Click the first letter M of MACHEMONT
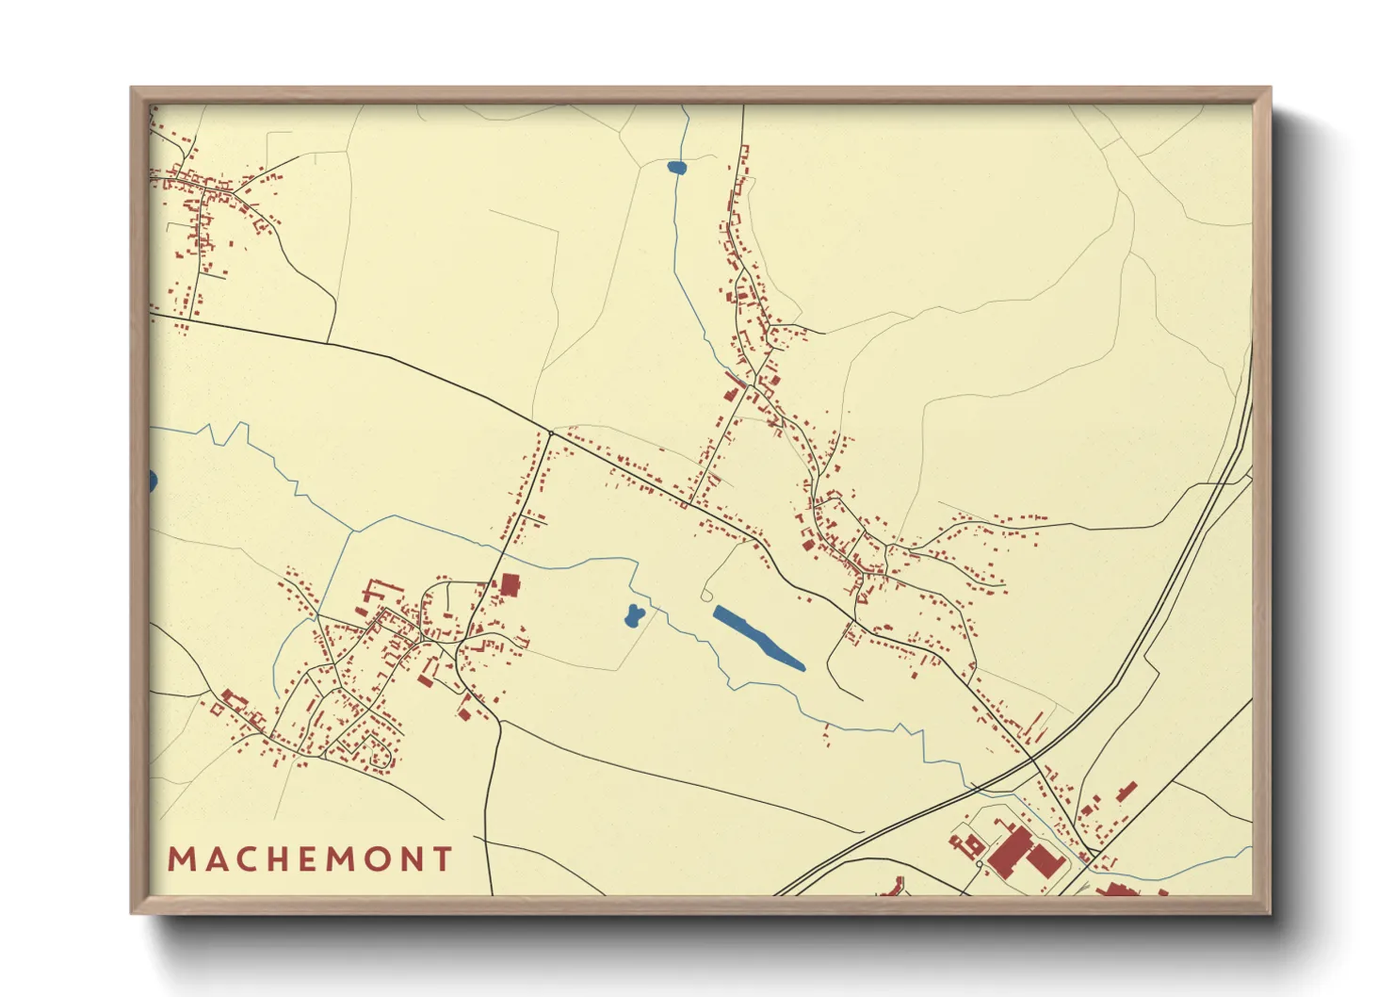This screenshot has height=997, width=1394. coord(180,859)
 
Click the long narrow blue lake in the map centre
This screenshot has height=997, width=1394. coord(758,638)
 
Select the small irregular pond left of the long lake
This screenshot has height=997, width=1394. coord(633,616)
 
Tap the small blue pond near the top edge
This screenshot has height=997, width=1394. coord(676,168)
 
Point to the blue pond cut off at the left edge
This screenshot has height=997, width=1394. coord(153,482)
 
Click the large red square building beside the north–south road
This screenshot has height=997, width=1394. coord(510,585)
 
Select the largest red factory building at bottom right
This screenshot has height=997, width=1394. coord(1009,849)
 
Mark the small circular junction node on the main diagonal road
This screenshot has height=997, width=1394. coord(551,433)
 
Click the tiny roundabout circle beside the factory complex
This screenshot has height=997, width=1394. coord(980,864)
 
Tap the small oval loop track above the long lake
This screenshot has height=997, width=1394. coord(707,596)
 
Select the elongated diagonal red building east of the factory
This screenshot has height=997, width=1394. coord(1127,792)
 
